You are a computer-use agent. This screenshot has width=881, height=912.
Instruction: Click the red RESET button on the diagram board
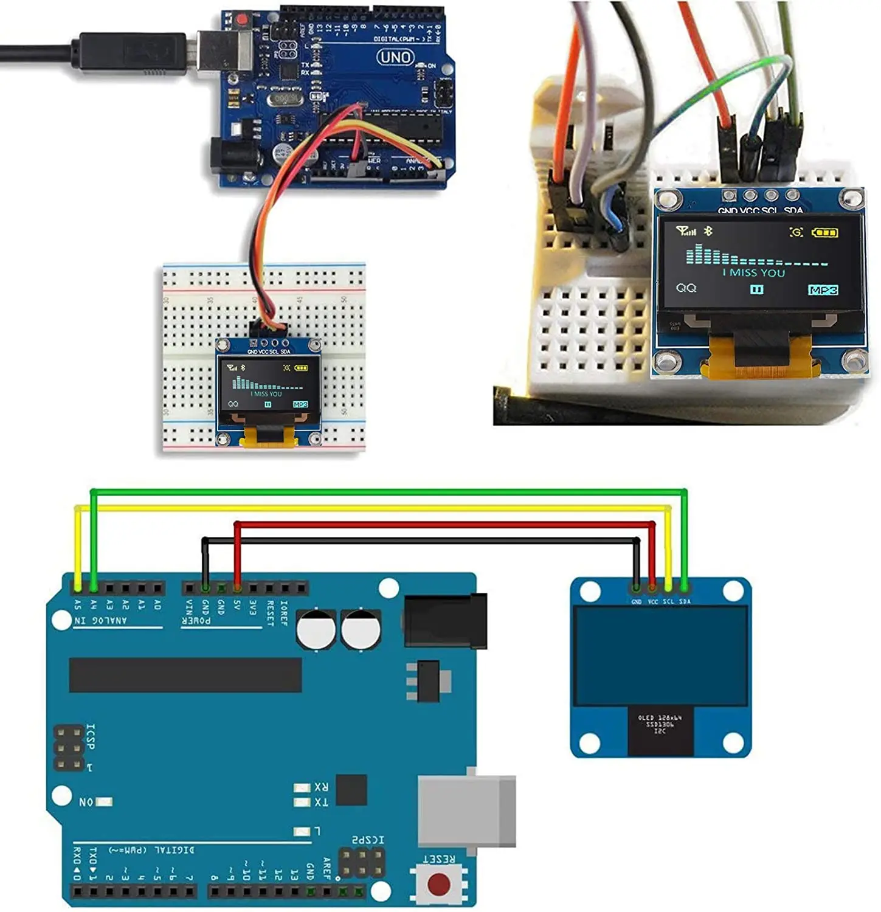coord(439,884)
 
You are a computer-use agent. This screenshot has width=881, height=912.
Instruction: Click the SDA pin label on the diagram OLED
coord(685,601)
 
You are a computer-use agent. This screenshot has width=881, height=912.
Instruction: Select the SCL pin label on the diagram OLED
coord(668,601)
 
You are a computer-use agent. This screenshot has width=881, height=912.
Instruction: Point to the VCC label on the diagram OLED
coord(652,601)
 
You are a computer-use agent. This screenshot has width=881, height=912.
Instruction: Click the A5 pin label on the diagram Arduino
coord(78,604)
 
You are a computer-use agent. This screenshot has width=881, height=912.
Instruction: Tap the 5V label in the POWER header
coord(237,606)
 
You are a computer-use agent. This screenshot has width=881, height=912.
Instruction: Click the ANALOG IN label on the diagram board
coord(101,620)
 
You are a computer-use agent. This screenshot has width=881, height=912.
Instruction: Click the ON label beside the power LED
coord(86,802)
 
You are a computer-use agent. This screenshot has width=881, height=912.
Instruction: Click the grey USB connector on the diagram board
coord(467,810)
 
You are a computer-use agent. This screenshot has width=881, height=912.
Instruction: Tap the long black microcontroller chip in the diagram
coord(185,675)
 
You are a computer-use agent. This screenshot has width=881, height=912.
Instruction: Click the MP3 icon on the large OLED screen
coord(823,290)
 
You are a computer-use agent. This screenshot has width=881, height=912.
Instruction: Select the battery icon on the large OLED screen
coord(825,232)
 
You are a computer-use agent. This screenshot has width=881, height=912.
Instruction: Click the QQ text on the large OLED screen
coord(686,288)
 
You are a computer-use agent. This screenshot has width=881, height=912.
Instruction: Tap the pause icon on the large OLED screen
coord(756,289)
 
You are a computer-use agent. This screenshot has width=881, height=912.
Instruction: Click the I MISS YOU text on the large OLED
coord(753,273)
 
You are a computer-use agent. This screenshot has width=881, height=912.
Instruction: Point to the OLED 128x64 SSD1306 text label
coord(660,724)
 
